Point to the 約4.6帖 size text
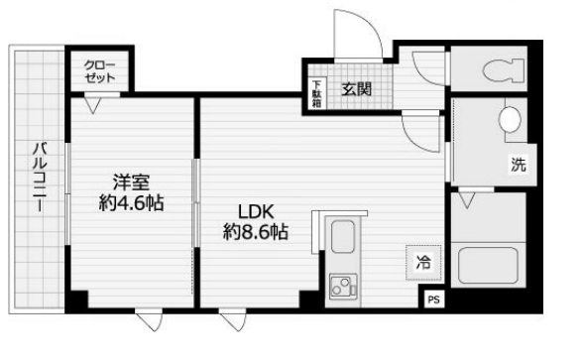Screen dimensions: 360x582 tap(132, 204)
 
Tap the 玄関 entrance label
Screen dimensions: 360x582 tap(358, 89)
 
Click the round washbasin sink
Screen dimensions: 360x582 tap(510, 120)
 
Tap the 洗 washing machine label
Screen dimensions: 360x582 tap(518, 166)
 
